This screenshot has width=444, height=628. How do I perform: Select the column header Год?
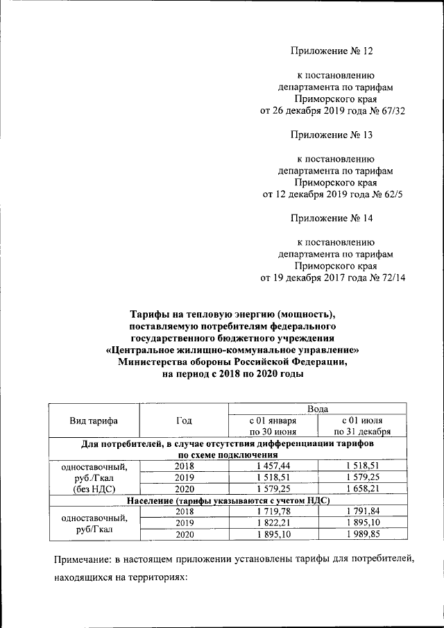[x=184, y=421]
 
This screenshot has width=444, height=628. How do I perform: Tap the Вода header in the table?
[x=318, y=409]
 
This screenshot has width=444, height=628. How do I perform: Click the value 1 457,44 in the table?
[x=273, y=466]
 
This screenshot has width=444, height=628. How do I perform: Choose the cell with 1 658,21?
[x=363, y=489]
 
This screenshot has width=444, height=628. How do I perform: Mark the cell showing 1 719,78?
[x=273, y=511]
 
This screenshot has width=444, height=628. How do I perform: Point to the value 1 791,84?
[x=363, y=511]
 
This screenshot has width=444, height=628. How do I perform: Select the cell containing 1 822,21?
[x=273, y=523]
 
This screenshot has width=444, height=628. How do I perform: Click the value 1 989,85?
[x=363, y=534]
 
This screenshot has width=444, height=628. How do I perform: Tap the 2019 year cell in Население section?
[x=184, y=523]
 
